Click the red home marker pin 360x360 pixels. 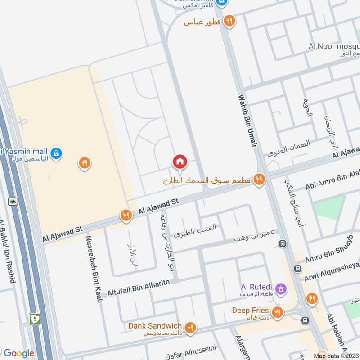tap(180, 161)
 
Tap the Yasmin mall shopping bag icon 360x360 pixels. tap(56, 153)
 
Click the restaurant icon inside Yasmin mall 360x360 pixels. tap(84, 163)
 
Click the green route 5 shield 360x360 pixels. tap(35, 319)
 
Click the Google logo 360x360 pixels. tap(18, 353)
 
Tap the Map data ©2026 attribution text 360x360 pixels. tap(336, 355)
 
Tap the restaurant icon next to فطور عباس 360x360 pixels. tap(229, 21)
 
